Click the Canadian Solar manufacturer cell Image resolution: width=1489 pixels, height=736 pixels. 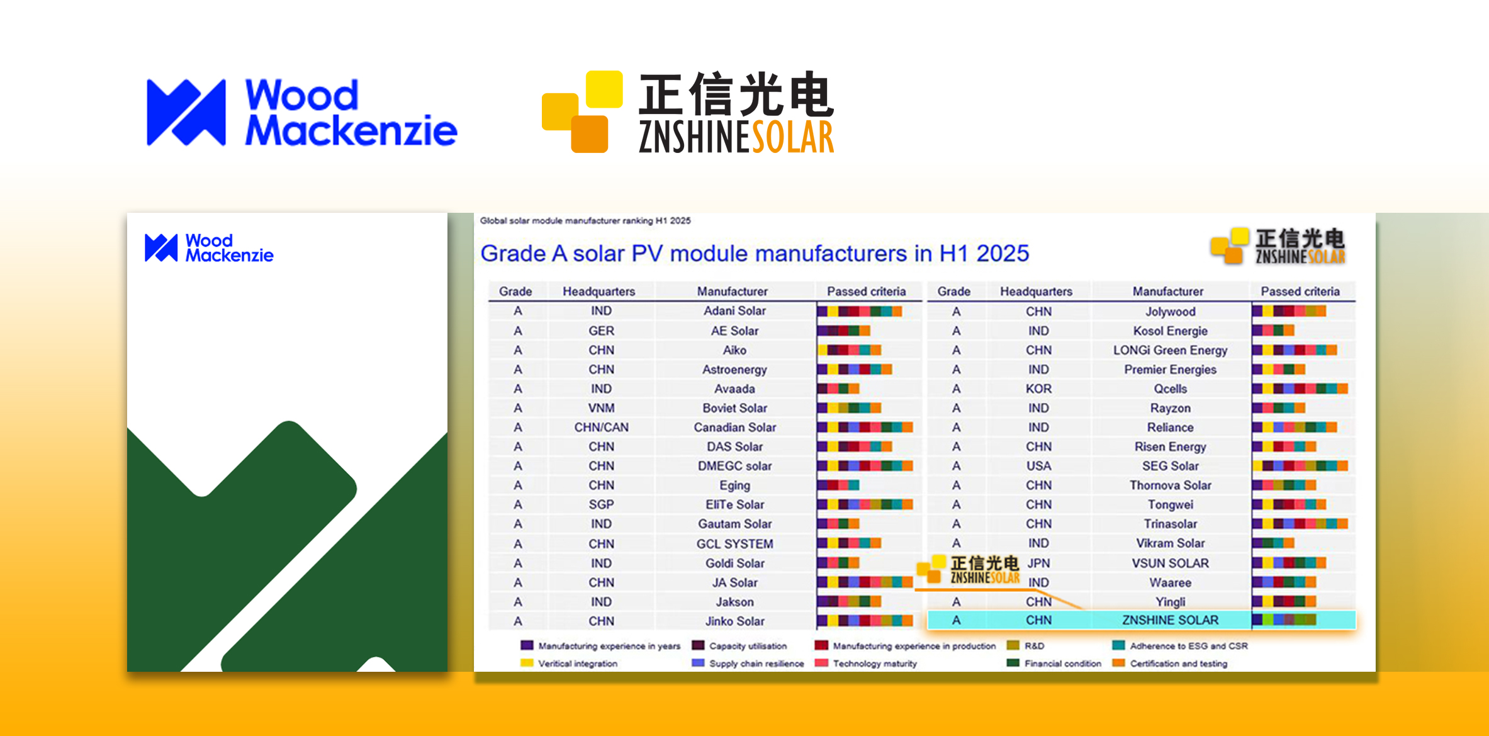(734, 427)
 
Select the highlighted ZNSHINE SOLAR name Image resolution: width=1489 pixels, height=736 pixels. (1170, 620)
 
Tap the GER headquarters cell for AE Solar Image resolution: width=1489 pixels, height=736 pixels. (601, 331)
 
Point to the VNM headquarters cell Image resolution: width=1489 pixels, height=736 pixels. (601, 408)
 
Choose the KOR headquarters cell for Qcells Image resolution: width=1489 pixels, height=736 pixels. (1038, 389)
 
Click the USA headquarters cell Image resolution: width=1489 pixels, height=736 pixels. (1038, 466)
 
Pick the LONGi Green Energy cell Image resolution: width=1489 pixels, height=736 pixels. (1170, 351)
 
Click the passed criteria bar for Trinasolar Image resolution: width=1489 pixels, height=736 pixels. (1300, 524)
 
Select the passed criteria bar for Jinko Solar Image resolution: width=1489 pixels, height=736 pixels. (865, 621)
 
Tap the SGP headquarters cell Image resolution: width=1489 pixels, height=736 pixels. (601, 505)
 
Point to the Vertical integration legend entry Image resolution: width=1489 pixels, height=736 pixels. (569, 664)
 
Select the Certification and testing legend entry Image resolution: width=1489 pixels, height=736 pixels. (1170, 664)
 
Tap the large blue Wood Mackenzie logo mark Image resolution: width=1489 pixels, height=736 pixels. (186, 113)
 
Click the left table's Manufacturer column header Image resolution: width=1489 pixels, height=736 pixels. (732, 292)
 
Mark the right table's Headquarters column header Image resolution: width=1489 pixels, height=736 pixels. (1036, 292)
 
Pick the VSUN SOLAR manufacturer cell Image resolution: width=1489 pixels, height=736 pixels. (1170, 563)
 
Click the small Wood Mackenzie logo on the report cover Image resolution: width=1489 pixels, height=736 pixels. (209, 248)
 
